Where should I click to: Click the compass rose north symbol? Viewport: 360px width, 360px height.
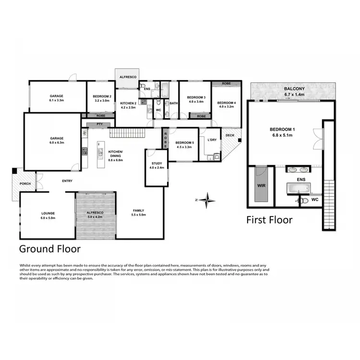[x=207, y=199]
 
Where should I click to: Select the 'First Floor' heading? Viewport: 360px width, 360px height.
[x=269, y=220]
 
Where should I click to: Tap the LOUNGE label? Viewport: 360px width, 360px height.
[x=48, y=213]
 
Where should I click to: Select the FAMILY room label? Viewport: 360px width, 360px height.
[x=138, y=211]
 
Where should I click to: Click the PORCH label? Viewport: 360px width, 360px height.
[x=24, y=183]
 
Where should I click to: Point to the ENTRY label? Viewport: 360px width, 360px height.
[x=67, y=180]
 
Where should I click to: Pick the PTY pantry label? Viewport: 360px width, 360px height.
[x=100, y=124]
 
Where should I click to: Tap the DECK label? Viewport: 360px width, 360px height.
[x=230, y=135]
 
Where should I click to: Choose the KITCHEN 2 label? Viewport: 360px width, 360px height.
[x=128, y=103]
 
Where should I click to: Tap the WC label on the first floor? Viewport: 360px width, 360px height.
[x=315, y=199]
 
